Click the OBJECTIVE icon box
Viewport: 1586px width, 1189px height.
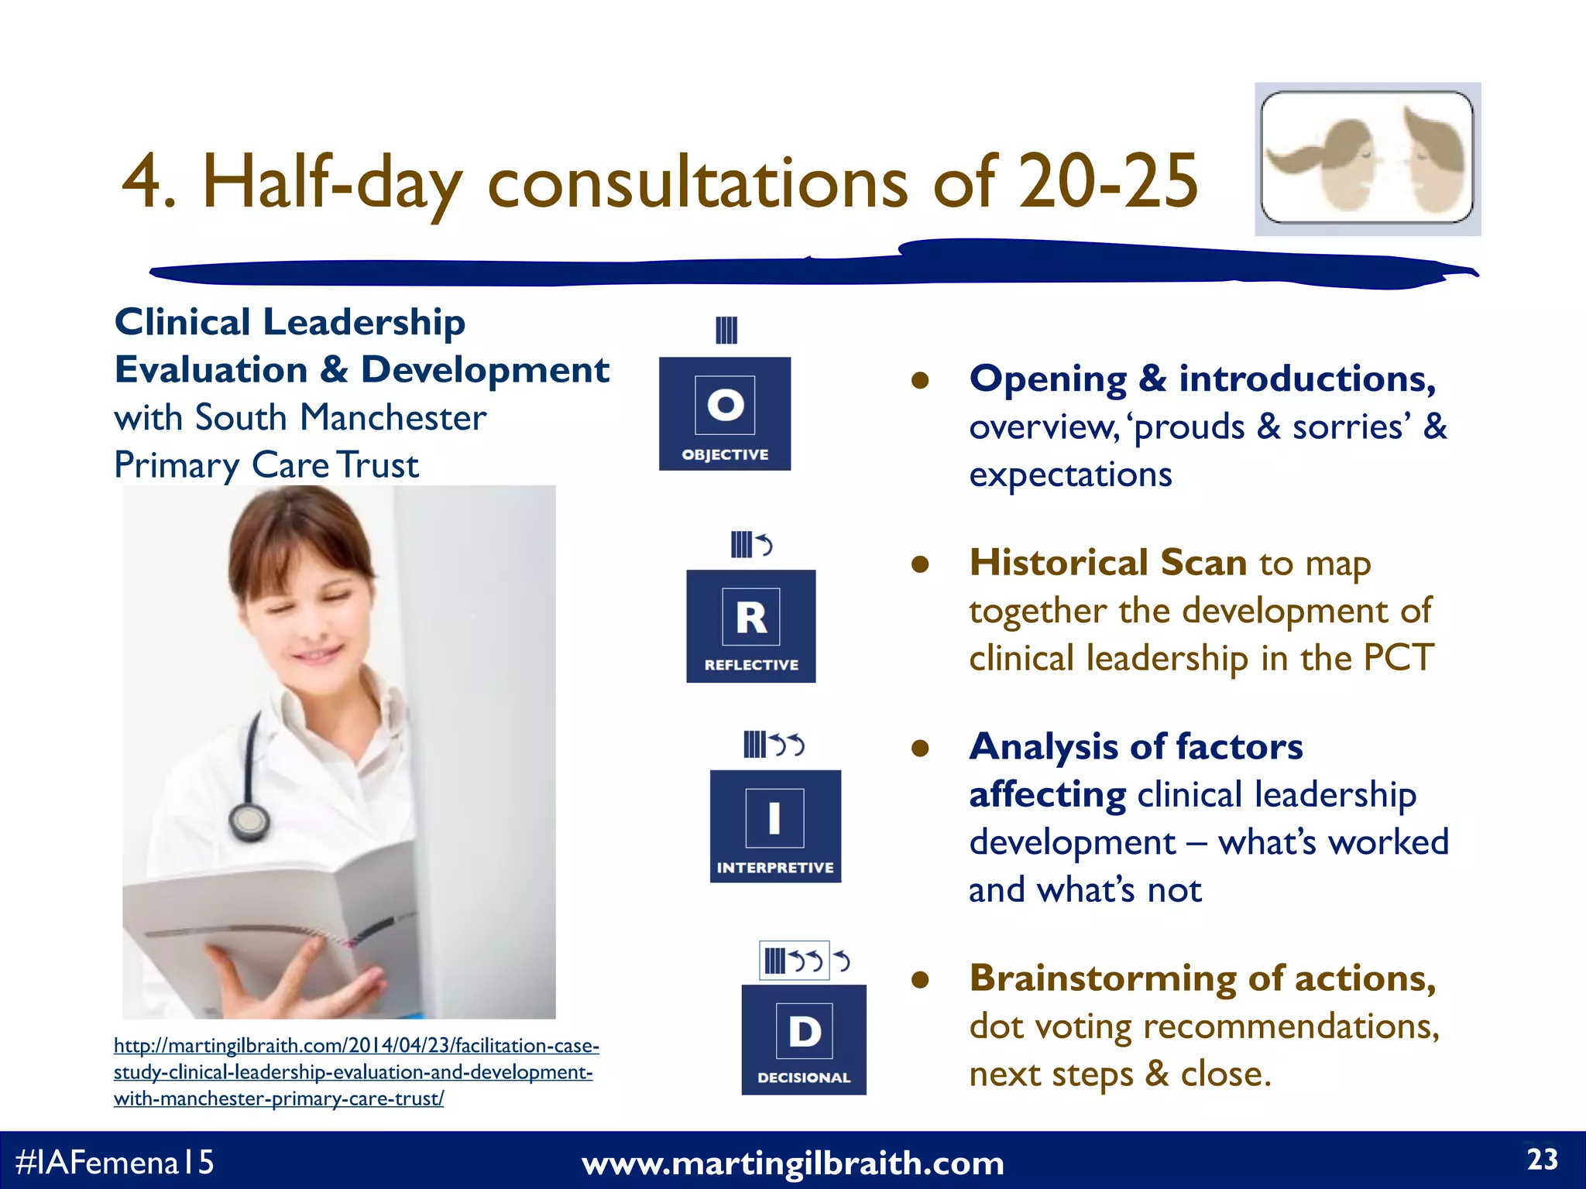(x=725, y=413)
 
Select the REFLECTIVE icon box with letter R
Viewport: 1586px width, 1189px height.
(x=750, y=625)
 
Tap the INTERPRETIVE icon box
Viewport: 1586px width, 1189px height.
(x=775, y=825)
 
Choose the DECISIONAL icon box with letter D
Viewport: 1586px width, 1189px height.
(x=804, y=1039)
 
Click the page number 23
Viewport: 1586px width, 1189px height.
(x=1542, y=1160)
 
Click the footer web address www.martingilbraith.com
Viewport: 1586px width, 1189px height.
(x=792, y=1163)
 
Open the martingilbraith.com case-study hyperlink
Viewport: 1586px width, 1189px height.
(x=355, y=1072)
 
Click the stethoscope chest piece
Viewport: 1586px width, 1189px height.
(x=249, y=822)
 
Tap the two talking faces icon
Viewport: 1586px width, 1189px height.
(x=1368, y=159)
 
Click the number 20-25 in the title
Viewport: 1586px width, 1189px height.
(x=1107, y=182)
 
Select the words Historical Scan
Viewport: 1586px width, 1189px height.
(x=1107, y=562)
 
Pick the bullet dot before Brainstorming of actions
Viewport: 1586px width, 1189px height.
(x=920, y=980)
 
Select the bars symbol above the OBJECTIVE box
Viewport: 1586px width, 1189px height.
(x=726, y=331)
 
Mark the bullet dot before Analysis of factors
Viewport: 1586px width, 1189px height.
(x=920, y=748)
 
